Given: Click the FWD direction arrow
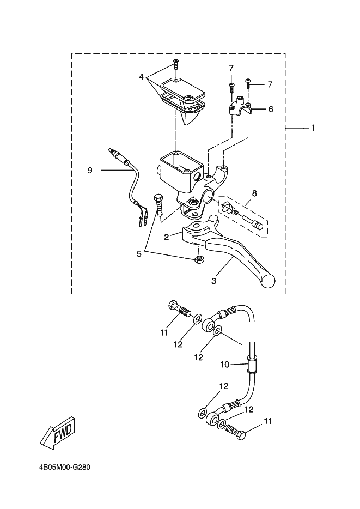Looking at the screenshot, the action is (60, 433).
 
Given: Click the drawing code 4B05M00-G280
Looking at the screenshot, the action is (64, 468).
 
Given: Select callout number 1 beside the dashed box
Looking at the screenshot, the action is (313, 128).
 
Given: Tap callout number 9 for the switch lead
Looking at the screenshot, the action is (90, 170).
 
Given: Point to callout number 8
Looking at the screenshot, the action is (254, 193).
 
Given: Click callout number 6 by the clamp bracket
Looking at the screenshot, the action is (271, 109).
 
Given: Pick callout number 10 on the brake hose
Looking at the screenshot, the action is (225, 365).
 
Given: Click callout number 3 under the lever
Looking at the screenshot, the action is (213, 281).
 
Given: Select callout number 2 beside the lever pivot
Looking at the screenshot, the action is (166, 237).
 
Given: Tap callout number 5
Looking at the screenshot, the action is (139, 254).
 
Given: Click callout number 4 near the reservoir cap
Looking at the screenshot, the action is (141, 77).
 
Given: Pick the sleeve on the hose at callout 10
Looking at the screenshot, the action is (252, 365).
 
